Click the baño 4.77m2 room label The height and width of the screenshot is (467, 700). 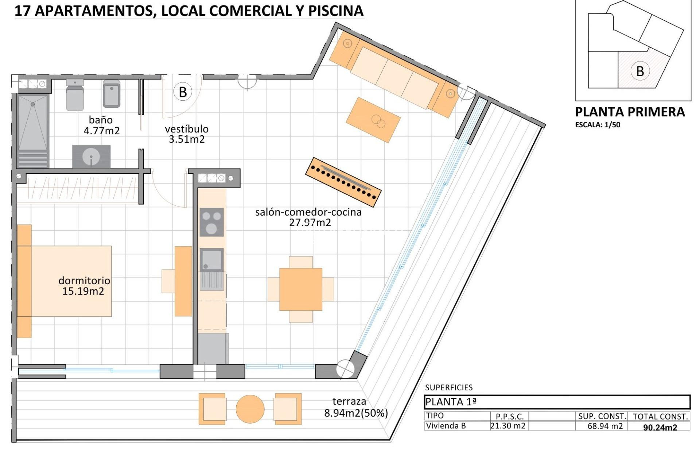tap(101, 125)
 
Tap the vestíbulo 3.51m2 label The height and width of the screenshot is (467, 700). tap(187, 134)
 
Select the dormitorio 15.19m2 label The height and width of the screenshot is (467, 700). tap(84, 286)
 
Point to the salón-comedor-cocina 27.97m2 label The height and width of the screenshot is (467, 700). tap(308, 217)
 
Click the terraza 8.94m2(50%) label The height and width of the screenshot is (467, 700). tap(355, 407)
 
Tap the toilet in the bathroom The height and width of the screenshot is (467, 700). tap(75, 95)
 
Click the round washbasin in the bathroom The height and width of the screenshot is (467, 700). tap(91, 157)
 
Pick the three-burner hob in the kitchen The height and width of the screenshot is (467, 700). tap(211, 222)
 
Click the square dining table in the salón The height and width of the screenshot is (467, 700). tap(301, 289)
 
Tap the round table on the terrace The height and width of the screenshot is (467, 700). tap(250, 409)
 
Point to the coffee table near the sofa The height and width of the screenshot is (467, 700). tap(373, 120)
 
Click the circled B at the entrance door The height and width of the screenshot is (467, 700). tap(183, 92)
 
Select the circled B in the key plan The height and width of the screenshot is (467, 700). tap(640, 71)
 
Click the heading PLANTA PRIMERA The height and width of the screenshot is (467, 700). tap(630, 112)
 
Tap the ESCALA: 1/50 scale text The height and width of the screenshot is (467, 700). tap(598, 125)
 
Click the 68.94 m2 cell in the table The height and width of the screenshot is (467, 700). tap(605, 426)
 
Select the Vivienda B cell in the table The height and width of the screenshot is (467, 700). tap(446, 426)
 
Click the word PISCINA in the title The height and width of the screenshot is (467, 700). tap(336, 11)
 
